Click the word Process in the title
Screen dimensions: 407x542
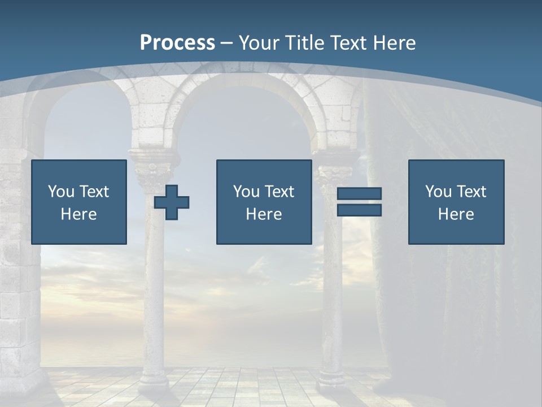pos(177,42)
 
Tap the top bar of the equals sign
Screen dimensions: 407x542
pos(359,194)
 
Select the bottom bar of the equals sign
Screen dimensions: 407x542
pos(359,210)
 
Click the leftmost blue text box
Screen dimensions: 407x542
pos(79,202)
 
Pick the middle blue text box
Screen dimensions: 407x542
pos(264,202)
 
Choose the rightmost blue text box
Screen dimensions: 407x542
pos(456,202)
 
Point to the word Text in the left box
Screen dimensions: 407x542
pos(94,192)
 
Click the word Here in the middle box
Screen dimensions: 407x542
pos(264,214)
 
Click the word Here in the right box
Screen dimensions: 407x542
pos(456,214)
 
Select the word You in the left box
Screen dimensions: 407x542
pos(61,192)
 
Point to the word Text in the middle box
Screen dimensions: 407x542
pos(279,192)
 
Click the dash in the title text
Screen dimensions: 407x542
pos(227,43)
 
